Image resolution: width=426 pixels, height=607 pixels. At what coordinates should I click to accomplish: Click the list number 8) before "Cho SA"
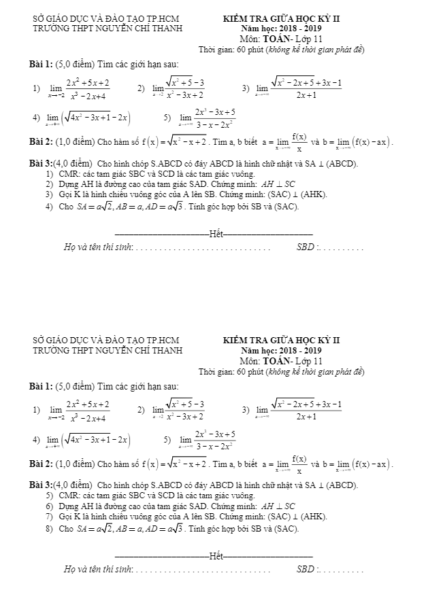click(x=48, y=528)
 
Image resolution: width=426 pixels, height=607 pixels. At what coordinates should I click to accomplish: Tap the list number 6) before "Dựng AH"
click(x=48, y=506)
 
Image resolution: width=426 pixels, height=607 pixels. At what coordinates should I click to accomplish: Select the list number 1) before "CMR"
click(x=48, y=175)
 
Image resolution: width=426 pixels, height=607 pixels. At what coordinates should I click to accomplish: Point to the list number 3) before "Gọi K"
click(x=48, y=195)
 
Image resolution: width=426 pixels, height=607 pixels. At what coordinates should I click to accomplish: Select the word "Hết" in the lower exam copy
click(x=216, y=556)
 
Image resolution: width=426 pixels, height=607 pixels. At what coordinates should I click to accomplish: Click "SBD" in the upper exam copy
click(x=306, y=247)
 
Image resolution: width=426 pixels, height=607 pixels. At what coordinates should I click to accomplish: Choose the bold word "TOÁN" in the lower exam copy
click(x=277, y=361)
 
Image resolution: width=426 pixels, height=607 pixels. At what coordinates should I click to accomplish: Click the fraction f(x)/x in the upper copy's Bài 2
click(x=297, y=142)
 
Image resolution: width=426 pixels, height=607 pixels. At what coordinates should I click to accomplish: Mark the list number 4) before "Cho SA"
click(x=48, y=207)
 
